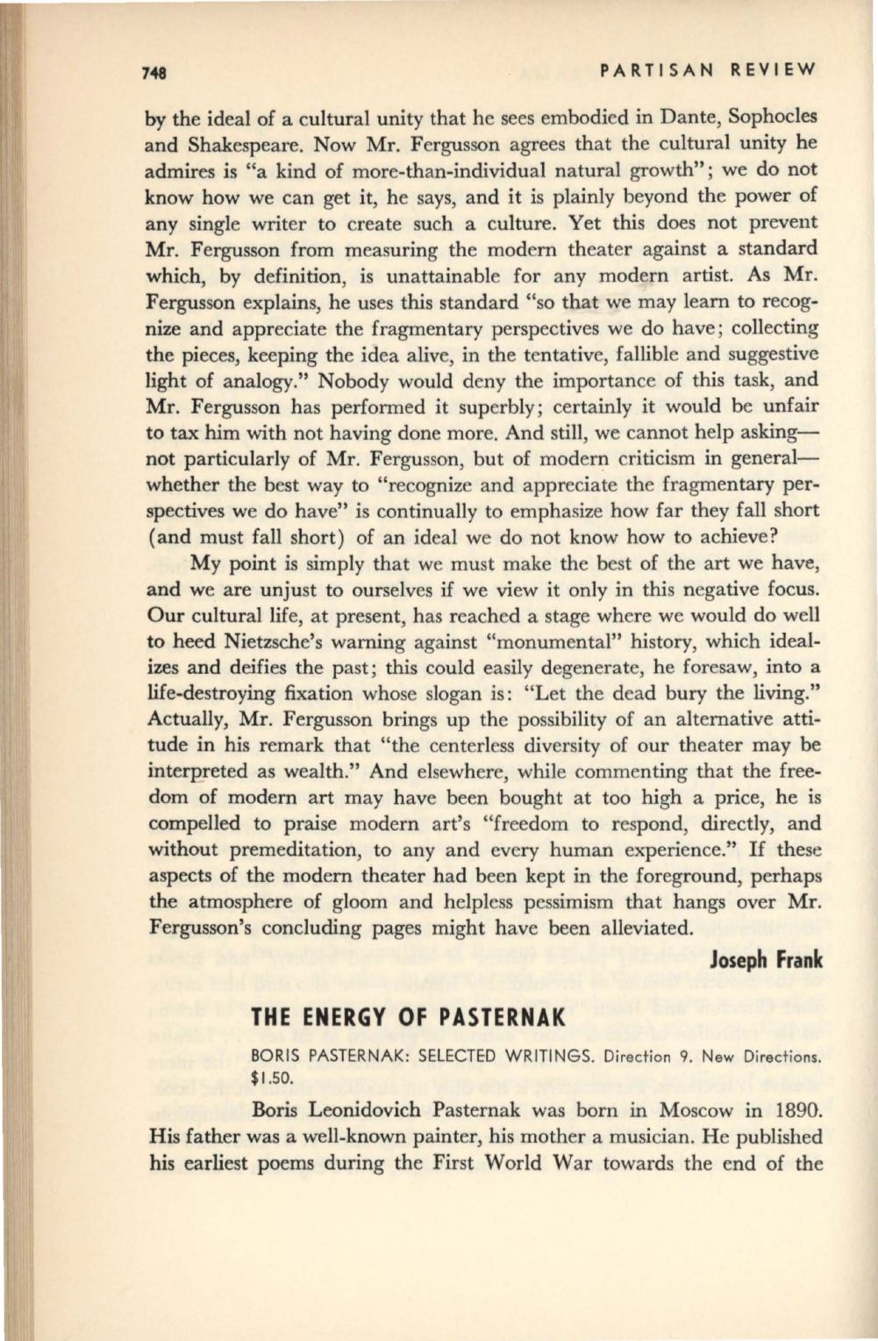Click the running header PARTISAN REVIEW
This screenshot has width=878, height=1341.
pyautogui.click(x=705, y=68)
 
